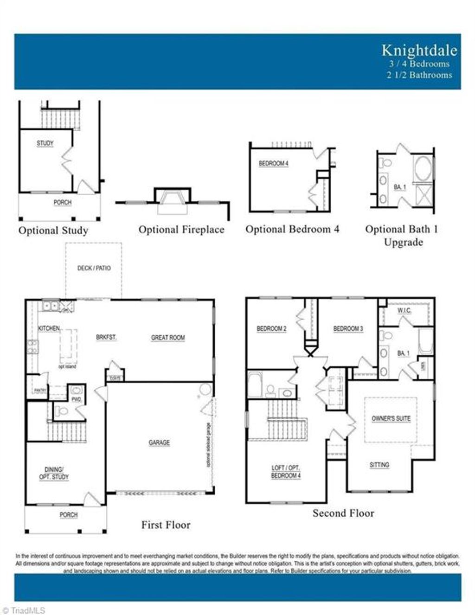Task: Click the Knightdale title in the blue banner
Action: coord(419,50)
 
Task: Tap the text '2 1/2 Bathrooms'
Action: coord(419,75)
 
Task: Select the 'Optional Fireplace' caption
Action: coord(181,230)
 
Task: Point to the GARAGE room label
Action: coord(159,443)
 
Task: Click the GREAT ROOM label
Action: coord(168,338)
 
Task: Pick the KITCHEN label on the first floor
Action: coord(49,328)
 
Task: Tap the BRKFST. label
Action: coord(106,337)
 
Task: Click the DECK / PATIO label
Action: coord(94,268)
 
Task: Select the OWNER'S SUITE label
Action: coord(391,418)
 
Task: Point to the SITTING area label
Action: coord(379,465)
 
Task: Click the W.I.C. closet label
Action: coord(404,310)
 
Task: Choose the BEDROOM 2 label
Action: coord(271,329)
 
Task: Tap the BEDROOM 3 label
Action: coord(348,329)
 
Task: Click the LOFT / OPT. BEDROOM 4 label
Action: coord(286,472)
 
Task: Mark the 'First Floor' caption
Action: coord(166,525)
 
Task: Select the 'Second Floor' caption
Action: coord(343,513)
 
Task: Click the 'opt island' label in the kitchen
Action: coord(67,366)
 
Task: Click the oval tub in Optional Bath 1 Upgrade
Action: coord(423,167)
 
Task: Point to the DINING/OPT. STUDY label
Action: coord(54,473)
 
